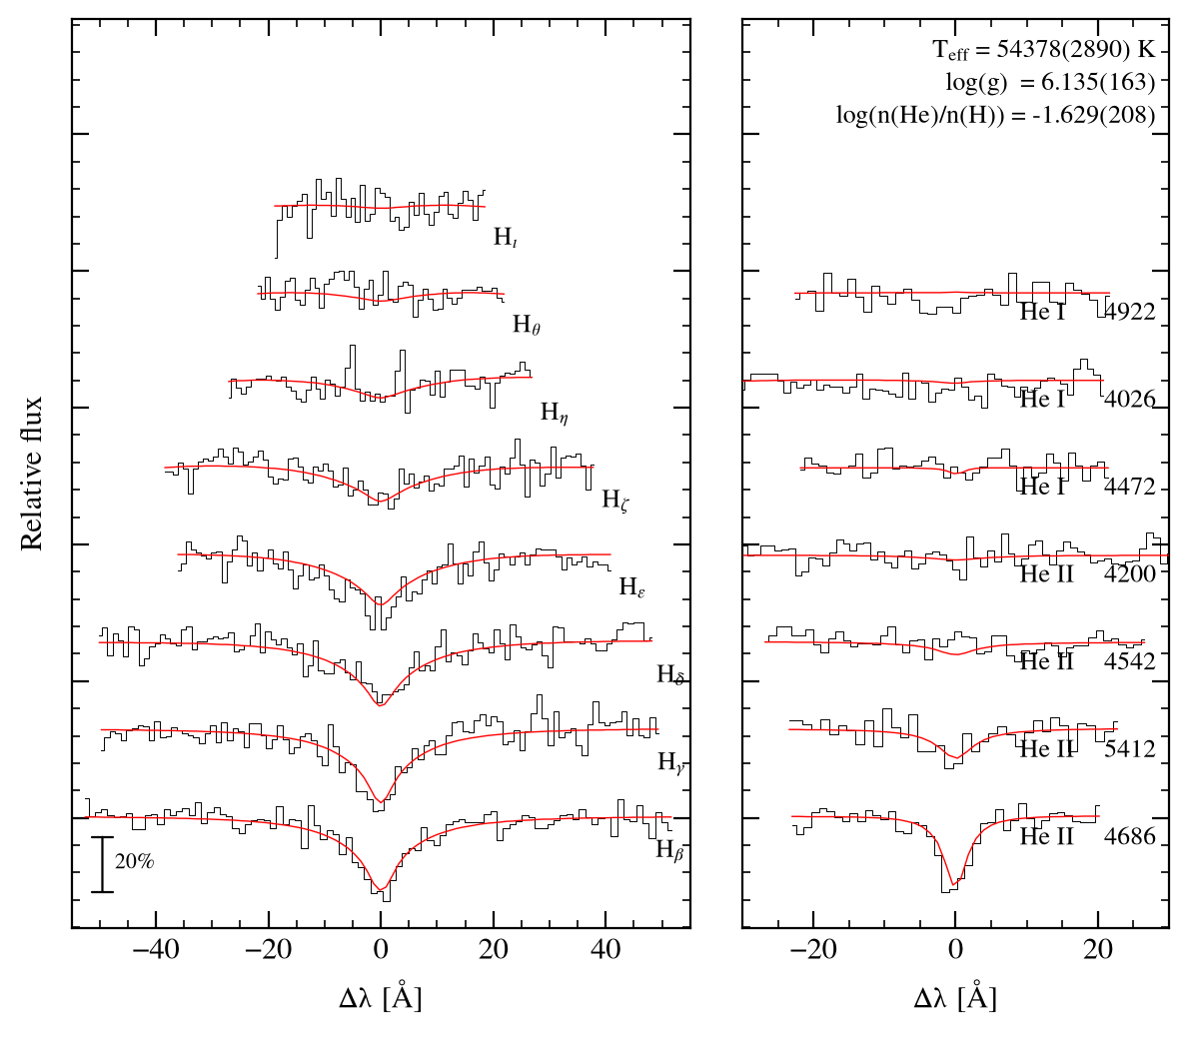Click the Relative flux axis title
pos(32,474)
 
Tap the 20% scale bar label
pos(135,861)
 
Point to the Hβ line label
pos(670,850)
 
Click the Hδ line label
pos(670,675)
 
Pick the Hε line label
pos(632,587)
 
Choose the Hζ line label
pos(614,500)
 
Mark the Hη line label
pos(554,413)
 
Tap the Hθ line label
pos(527,325)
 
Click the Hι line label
pos(506,237)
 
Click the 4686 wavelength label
pos(1130,836)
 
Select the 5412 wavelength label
pos(1130,748)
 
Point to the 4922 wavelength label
pos(1130,312)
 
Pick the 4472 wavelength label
pos(1130,487)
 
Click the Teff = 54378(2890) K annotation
pos(1044,50)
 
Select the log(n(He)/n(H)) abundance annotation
pos(996,114)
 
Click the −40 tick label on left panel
pos(156,949)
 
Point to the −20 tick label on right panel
pos(813,949)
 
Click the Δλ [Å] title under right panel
pos(955,997)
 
